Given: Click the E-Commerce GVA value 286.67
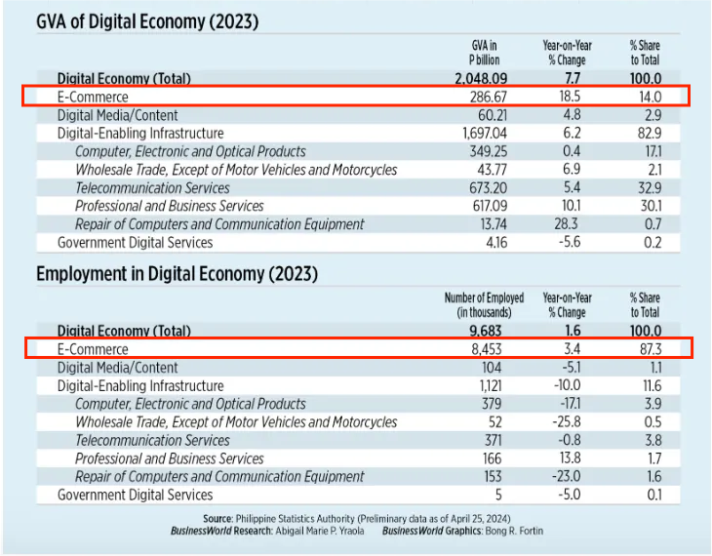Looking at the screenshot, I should pyautogui.click(x=490, y=97).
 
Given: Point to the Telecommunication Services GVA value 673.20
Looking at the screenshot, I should pyautogui.click(x=489, y=188).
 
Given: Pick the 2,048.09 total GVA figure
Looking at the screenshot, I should pyautogui.click(x=483, y=78).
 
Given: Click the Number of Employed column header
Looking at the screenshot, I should pyautogui.click(x=484, y=304).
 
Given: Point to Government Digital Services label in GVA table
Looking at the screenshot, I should pyautogui.click(x=135, y=243).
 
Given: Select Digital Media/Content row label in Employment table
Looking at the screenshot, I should pyautogui.click(x=118, y=368).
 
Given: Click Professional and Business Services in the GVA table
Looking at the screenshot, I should pyautogui.click(x=169, y=206).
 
